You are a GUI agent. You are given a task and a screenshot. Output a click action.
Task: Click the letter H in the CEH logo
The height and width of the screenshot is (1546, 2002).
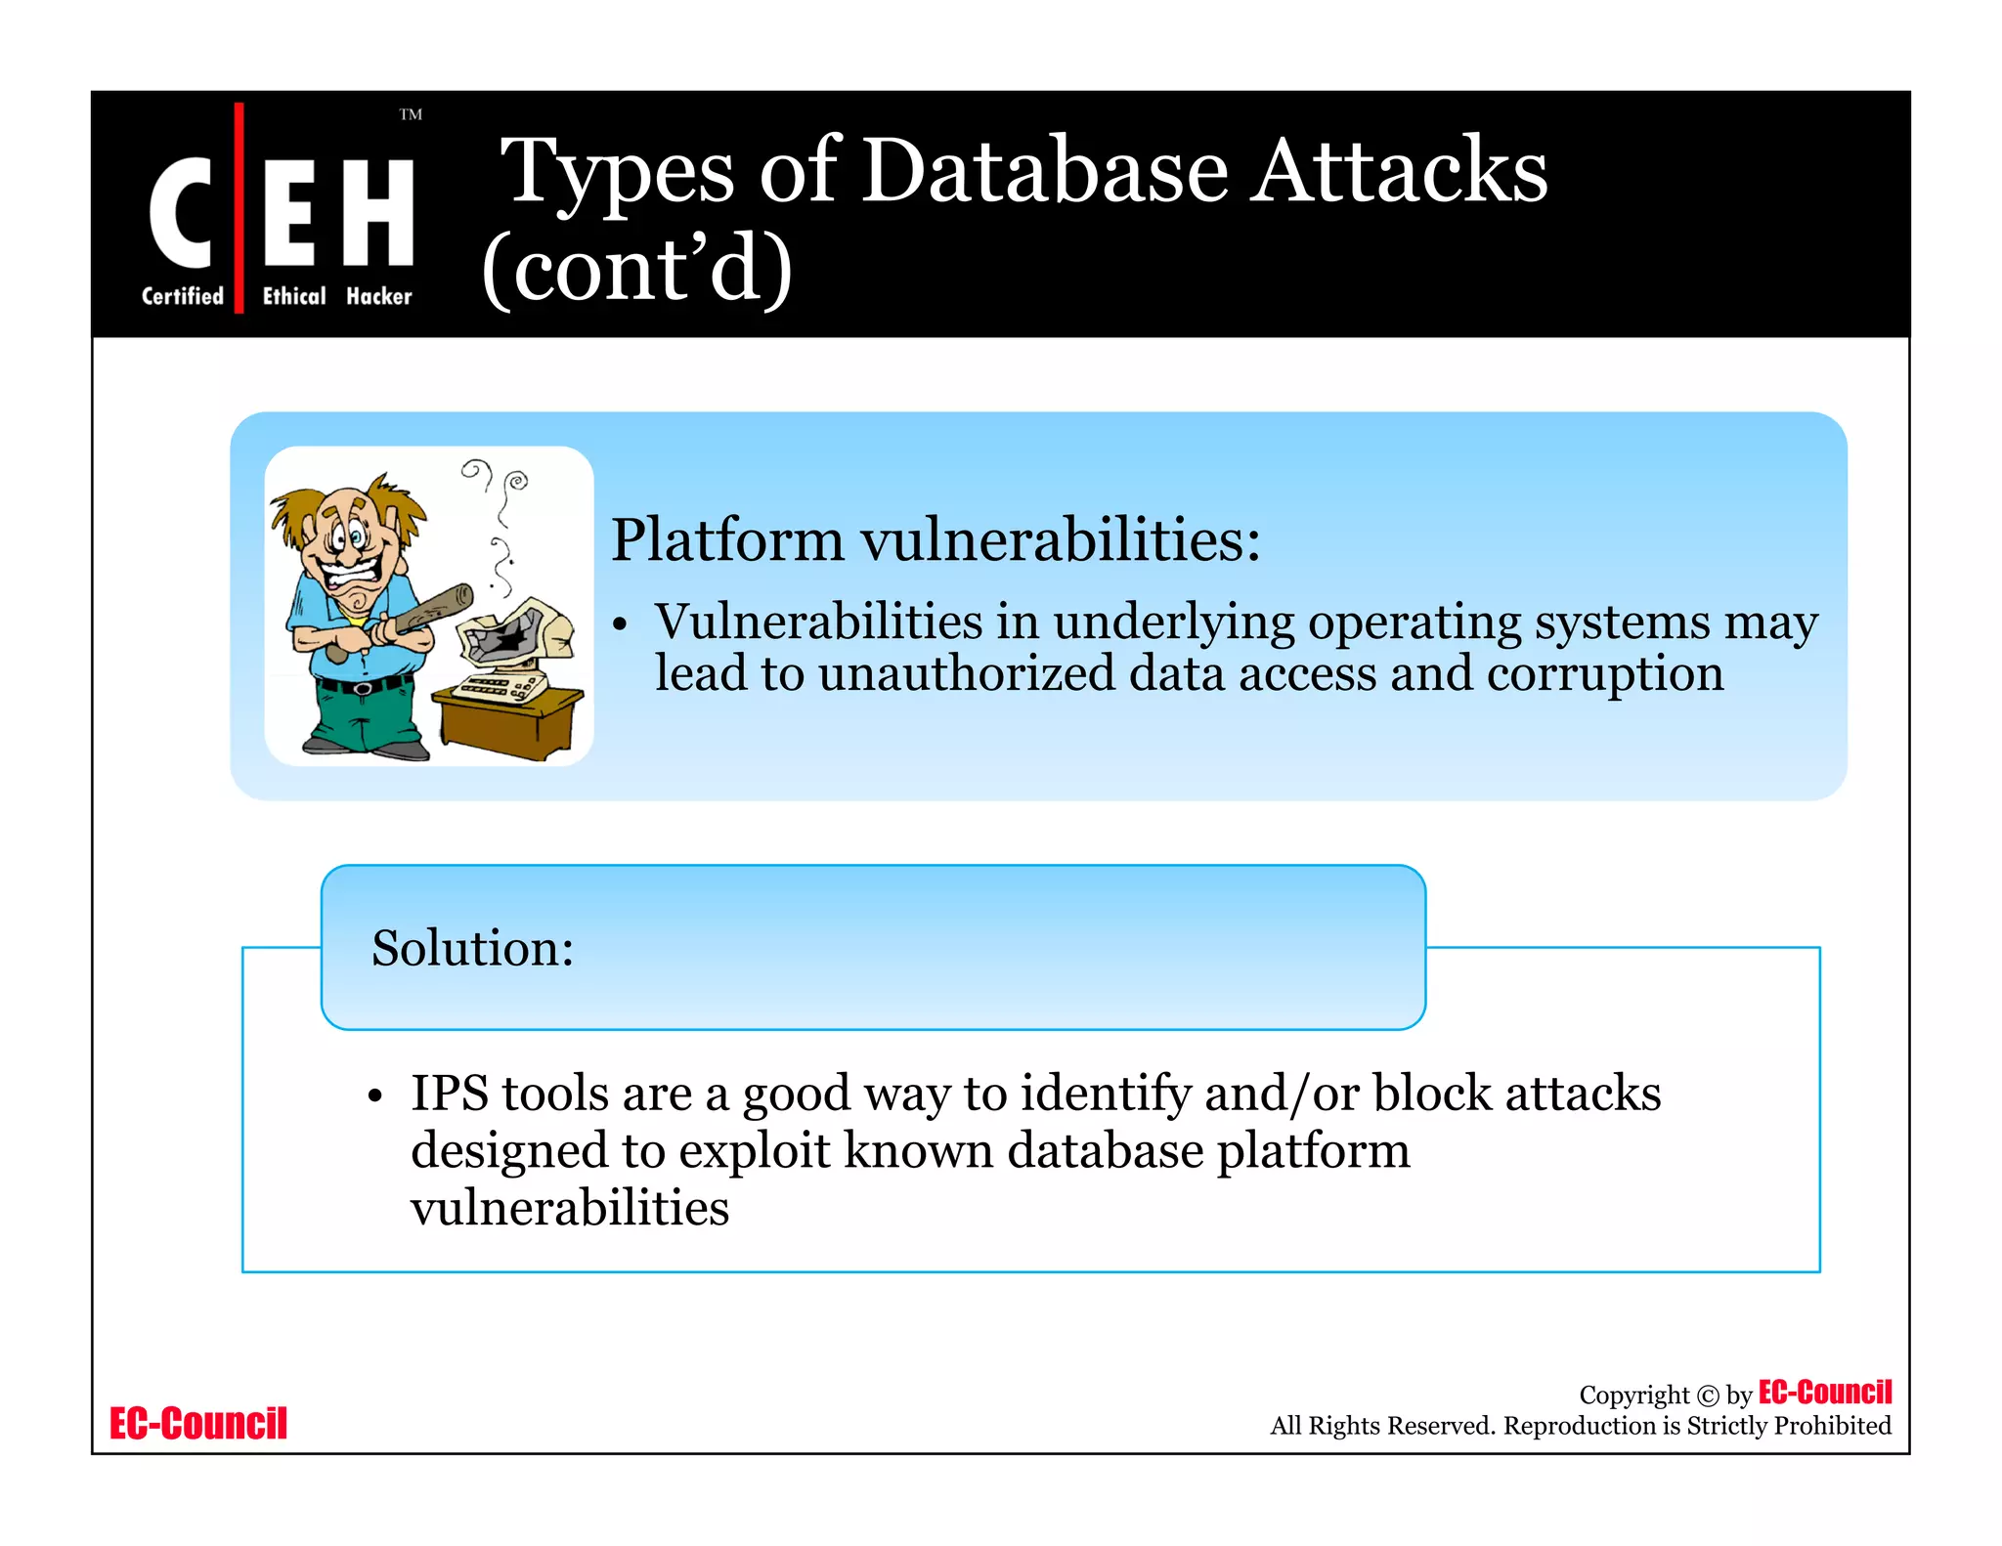pos(378,212)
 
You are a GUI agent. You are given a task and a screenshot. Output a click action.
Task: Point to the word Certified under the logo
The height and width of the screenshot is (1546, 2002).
pos(183,296)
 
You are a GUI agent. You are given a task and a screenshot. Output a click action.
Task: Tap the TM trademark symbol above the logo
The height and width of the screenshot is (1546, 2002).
pos(411,115)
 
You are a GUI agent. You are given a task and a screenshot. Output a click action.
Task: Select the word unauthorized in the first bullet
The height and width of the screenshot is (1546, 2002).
pos(966,673)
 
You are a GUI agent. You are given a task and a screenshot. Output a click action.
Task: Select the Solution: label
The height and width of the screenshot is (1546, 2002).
pos(472,948)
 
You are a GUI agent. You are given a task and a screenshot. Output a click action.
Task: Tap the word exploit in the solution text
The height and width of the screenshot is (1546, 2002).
pos(754,1150)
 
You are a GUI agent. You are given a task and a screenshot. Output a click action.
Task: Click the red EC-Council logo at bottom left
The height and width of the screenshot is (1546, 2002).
pos(198,1424)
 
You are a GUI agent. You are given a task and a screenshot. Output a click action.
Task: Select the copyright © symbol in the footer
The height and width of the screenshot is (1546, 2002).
pos(1707,1396)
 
